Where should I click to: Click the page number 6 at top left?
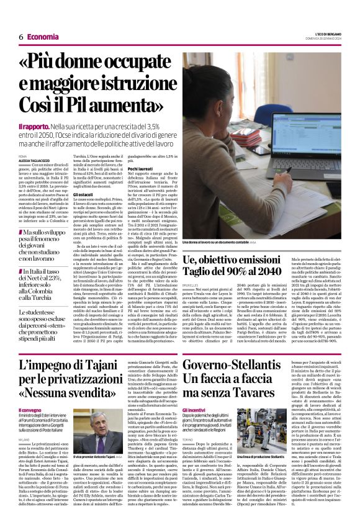[x=20, y=37]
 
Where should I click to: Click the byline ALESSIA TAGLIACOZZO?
[x=38, y=160]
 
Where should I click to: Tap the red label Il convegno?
[x=29, y=410]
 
